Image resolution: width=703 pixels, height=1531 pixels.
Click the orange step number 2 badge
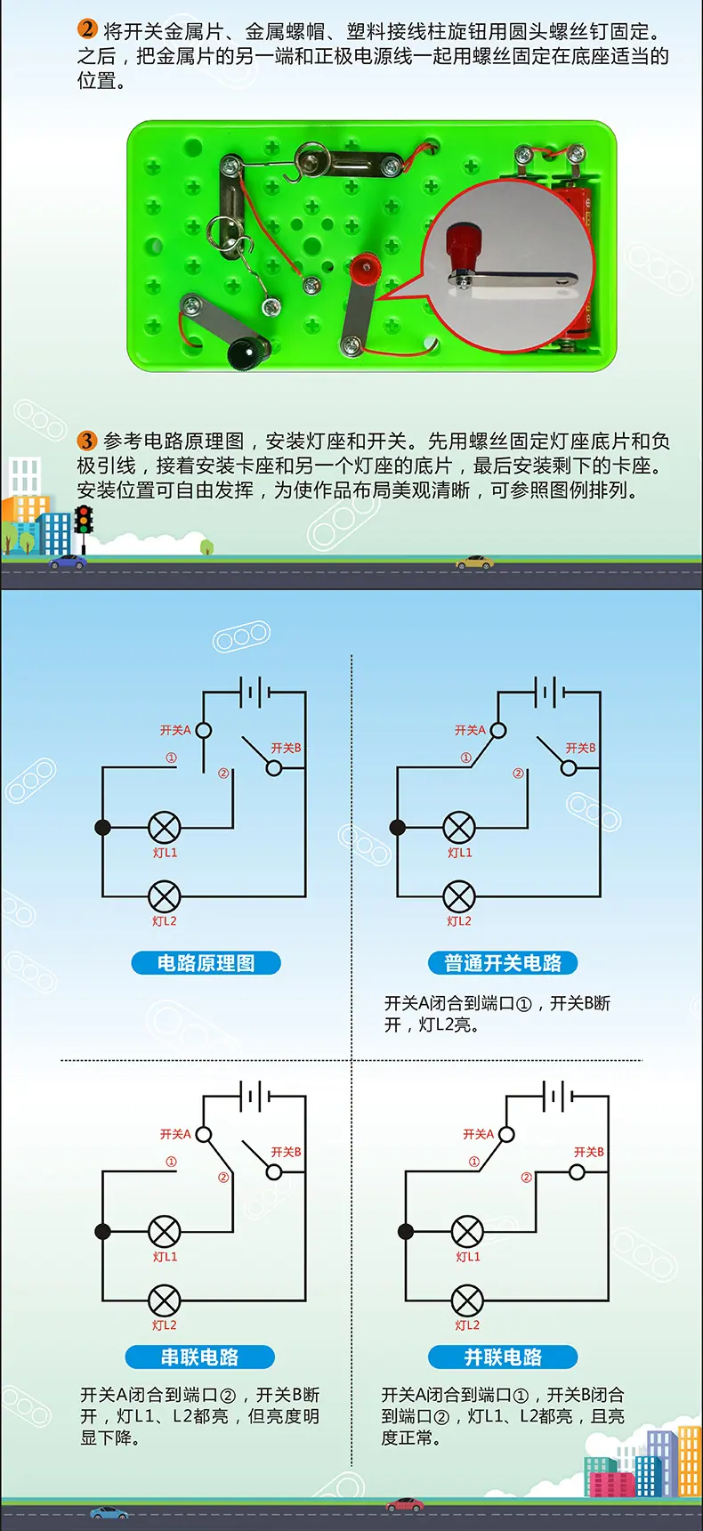click(x=87, y=29)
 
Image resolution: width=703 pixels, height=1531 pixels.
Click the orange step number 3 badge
click(x=87, y=440)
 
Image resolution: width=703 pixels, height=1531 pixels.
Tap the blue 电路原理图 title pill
click(x=206, y=963)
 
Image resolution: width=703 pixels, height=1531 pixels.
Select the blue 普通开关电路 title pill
click(x=503, y=963)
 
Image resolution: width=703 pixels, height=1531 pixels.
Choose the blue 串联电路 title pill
click(x=199, y=1357)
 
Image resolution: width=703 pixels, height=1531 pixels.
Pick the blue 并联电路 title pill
click(x=503, y=1357)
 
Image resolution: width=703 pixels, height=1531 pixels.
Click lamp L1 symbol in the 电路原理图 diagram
click(x=164, y=828)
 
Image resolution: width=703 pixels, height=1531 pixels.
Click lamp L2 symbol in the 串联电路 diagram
click(x=164, y=1300)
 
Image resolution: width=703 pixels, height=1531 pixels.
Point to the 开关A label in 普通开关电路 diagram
click(x=470, y=730)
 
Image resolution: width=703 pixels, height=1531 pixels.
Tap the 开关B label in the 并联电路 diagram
click(x=589, y=1152)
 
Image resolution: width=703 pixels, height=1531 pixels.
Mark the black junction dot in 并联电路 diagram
click(x=406, y=1232)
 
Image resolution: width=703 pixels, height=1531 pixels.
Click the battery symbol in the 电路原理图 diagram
click(x=255, y=691)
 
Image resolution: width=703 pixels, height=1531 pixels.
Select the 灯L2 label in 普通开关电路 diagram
click(x=459, y=921)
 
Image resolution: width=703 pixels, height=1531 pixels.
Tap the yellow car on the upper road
click(x=474, y=562)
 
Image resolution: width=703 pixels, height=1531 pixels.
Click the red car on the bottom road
click(x=405, y=1504)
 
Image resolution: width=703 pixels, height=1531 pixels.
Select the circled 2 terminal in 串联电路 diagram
click(x=223, y=1178)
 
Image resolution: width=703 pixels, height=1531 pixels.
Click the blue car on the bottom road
click(x=109, y=1512)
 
